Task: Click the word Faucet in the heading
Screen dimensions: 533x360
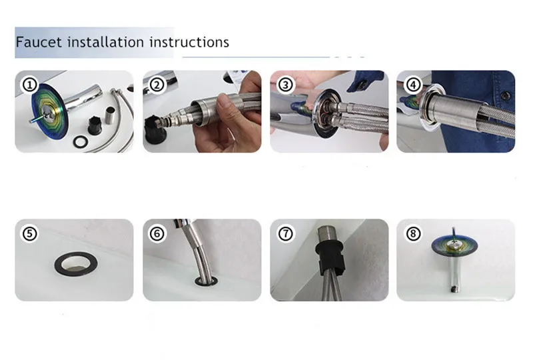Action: coord(39,42)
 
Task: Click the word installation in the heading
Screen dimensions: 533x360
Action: coord(106,42)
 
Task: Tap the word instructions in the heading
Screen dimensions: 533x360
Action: coord(189,42)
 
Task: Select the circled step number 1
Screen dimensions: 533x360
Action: coord(29,85)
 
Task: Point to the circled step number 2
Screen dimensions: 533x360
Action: coord(157,85)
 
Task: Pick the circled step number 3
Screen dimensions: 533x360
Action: coord(285,85)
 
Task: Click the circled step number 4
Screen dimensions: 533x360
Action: coord(413,85)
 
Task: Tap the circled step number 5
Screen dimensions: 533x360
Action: coord(29,233)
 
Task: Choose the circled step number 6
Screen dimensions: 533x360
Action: coord(157,233)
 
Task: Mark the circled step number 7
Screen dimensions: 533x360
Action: coord(285,233)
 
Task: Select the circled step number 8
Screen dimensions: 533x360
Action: coord(413,233)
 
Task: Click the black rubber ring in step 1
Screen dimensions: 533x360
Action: coord(75,142)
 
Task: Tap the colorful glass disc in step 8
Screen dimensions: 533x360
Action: coord(454,245)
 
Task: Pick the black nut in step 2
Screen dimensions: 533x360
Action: coord(155,129)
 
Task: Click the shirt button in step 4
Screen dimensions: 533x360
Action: coord(506,96)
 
